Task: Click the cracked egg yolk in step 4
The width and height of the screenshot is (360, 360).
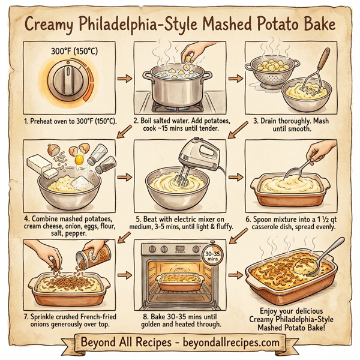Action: pyautogui.click(x=78, y=159)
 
